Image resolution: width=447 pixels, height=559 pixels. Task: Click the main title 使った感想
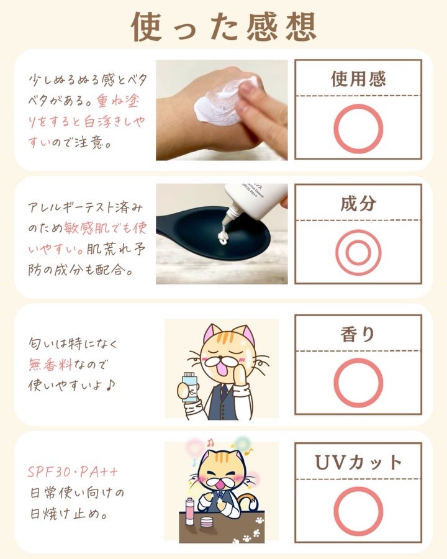coord(224,26)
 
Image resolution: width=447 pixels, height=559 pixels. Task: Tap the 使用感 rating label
coord(358,79)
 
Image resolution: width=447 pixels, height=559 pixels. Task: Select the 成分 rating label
coord(358,204)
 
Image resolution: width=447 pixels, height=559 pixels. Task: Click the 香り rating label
coord(358,334)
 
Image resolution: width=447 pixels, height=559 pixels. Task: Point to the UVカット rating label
coord(358,462)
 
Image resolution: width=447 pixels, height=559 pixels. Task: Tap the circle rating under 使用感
coord(358,105)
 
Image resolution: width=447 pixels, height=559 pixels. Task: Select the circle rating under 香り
coord(358,360)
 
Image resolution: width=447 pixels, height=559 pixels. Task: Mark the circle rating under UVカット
coord(358,488)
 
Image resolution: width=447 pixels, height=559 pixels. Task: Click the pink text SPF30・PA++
coord(73,472)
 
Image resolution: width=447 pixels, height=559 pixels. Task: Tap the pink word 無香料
coord(51,365)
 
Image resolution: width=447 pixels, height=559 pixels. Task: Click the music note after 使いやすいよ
coord(111,384)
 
